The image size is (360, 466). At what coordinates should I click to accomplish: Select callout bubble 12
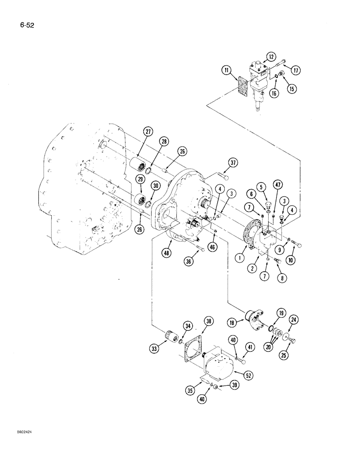(271, 57)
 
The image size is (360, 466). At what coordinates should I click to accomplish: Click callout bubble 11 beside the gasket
(227, 71)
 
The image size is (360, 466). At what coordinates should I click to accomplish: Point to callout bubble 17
(296, 70)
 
